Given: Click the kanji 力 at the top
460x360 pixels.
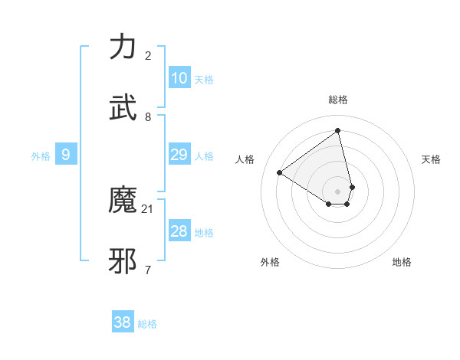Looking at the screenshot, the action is (x=124, y=47).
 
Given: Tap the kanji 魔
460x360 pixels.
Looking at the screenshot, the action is (x=124, y=200).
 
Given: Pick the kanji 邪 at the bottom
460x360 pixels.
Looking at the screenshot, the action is (x=124, y=260).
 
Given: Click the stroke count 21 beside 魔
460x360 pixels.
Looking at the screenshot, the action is (x=148, y=208).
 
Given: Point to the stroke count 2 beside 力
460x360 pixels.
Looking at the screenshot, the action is (x=148, y=55).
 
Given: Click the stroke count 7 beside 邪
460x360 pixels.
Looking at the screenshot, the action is (x=148, y=270).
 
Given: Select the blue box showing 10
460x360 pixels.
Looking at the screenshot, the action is (x=179, y=78).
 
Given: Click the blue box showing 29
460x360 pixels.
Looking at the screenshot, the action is (x=179, y=155).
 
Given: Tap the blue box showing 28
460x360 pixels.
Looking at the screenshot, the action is (x=179, y=231).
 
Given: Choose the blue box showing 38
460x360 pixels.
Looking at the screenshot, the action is (x=123, y=322).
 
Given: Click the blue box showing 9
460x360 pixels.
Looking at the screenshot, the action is (x=66, y=155).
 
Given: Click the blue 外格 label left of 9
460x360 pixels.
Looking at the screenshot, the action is (x=41, y=156).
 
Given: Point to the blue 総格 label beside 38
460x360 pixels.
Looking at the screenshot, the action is (x=147, y=324).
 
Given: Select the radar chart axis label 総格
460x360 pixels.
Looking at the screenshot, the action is (x=338, y=100).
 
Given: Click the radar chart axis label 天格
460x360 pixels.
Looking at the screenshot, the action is (x=431, y=159).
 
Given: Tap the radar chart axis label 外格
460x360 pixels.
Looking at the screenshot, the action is (x=270, y=262).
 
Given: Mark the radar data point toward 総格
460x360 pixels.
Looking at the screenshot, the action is (x=338, y=131).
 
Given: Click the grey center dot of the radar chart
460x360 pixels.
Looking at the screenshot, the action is (x=338, y=191).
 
